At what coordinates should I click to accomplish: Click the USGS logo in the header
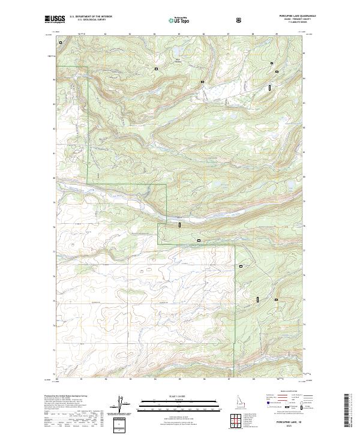[x=55, y=19]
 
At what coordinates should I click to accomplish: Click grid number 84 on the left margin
[x=52, y=79]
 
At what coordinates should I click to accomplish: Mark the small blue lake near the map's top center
[x=178, y=61]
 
